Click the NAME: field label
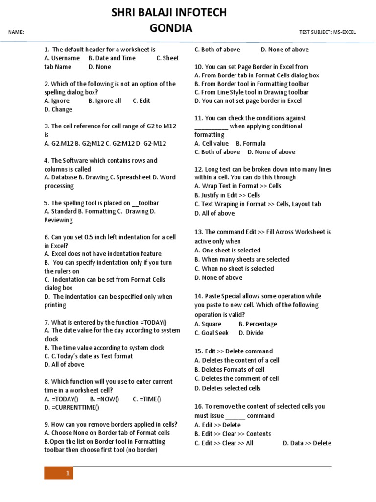(x=17, y=33)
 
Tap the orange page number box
(x=59, y=473)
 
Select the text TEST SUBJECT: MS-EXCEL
(x=328, y=33)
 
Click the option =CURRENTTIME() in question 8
(x=71, y=407)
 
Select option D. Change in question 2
(x=58, y=110)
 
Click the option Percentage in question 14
(x=261, y=324)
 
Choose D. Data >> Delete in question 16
(x=307, y=443)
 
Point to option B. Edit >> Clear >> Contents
(x=233, y=434)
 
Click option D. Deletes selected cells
(x=227, y=388)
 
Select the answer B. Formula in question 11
(x=251, y=144)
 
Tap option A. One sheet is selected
(x=227, y=251)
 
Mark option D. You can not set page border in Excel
(x=248, y=101)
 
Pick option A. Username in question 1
(x=62, y=58)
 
